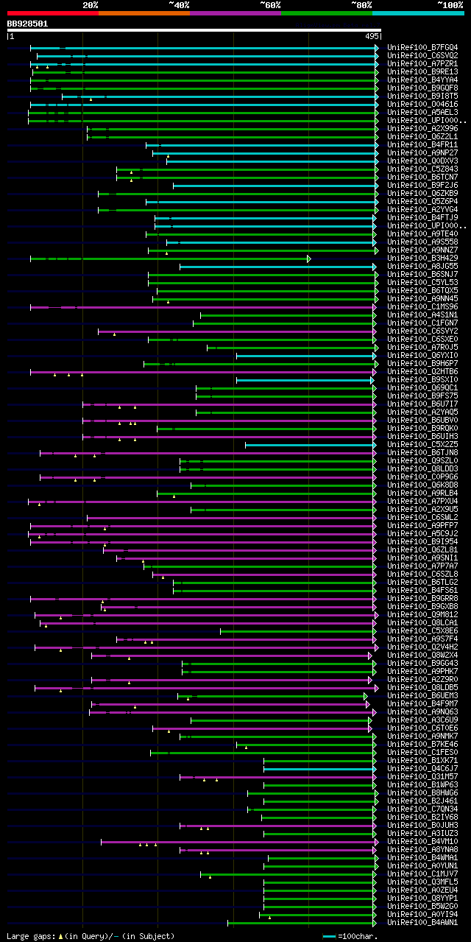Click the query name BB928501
28,24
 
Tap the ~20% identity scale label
91,4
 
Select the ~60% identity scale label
270,4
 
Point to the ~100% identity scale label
449,4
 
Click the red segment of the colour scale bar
52,13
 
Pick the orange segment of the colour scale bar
144,13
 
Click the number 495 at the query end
372,35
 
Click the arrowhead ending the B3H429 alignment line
309,259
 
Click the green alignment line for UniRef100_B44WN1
302,922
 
